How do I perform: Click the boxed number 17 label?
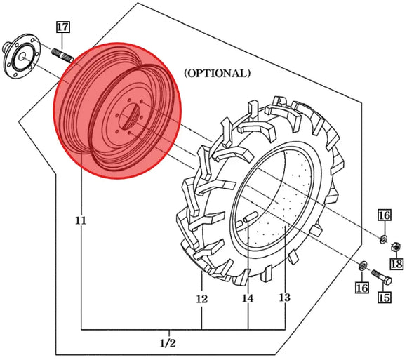click(62, 28)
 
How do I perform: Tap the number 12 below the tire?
click(202, 300)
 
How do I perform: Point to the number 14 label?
click(248, 299)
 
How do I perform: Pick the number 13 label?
click(284, 298)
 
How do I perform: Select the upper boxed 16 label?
click(384, 215)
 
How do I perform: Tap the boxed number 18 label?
click(396, 265)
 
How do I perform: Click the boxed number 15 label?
click(385, 298)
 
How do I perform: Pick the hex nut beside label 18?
click(395, 248)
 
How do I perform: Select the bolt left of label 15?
click(380, 274)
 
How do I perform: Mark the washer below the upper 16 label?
click(383, 239)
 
